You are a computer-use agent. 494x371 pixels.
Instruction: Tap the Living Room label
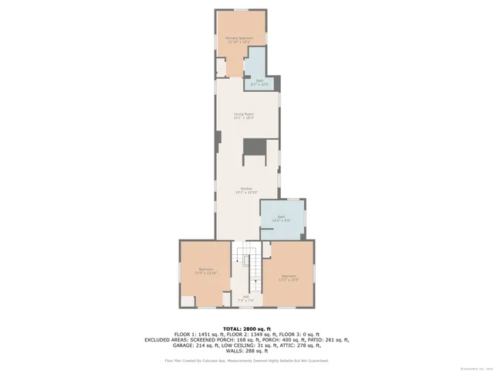point(244,115)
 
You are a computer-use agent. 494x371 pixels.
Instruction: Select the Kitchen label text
point(246,189)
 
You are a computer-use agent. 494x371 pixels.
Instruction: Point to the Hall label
point(245,298)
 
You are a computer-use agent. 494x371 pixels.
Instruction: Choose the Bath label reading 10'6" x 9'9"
point(281,219)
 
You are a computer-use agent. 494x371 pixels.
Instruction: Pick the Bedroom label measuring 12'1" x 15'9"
point(288,277)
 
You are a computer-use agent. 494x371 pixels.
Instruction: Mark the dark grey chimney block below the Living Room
point(254,147)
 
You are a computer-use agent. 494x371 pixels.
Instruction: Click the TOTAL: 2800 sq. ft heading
point(246,328)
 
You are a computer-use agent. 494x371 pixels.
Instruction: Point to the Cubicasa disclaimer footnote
point(246,360)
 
